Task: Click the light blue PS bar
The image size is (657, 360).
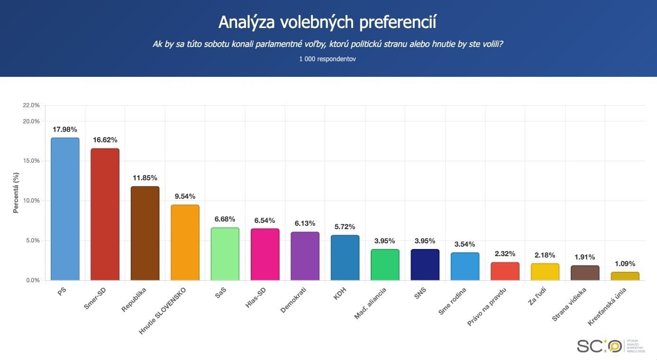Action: pyautogui.click(x=65, y=209)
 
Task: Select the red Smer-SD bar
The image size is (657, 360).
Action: pyautogui.click(x=105, y=214)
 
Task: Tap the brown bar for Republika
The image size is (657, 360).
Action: pyautogui.click(x=145, y=233)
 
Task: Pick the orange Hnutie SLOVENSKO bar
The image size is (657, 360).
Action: pyautogui.click(x=185, y=242)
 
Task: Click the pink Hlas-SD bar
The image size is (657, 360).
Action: pyautogui.click(x=265, y=254)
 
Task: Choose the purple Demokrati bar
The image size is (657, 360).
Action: pyautogui.click(x=305, y=256)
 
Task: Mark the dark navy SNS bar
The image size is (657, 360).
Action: pyautogui.click(x=425, y=265)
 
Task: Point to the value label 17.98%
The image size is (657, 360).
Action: pyautogui.click(x=65, y=129)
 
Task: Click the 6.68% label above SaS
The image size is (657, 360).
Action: pyautogui.click(x=225, y=219)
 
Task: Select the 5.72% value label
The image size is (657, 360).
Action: pyautogui.click(x=345, y=227)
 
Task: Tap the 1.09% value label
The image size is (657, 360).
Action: pyautogui.click(x=625, y=264)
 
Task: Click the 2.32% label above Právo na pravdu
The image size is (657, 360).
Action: pyautogui.click(x=505, y=254)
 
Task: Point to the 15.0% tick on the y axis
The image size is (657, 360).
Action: pyautogui.click(x=31, y=161)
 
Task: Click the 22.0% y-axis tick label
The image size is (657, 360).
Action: pyautogui.click(x=31, y=105)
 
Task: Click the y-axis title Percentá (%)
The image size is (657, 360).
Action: pyautogui.click(x=16, y=193)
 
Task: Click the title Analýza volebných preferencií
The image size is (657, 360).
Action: pyautogui.click(x=328, y=22)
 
